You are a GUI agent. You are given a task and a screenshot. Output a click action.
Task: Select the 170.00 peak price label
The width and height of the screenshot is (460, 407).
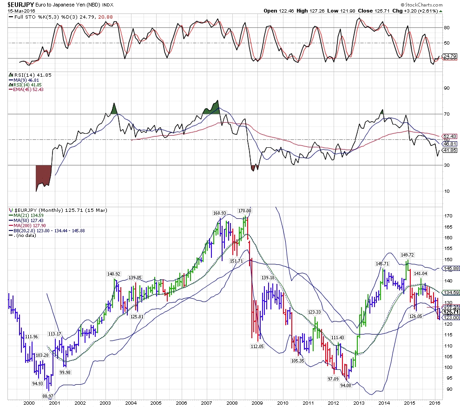244,210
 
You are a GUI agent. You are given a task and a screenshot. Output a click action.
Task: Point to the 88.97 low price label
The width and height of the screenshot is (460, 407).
47,395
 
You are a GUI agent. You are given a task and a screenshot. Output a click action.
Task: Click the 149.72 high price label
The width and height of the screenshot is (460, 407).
407,255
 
